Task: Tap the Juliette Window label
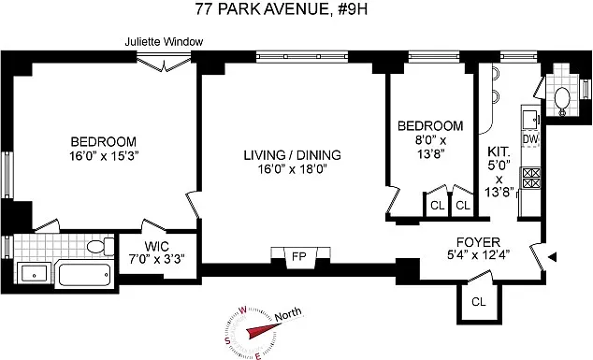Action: coord(166,42)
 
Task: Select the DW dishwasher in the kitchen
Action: coord(530,139)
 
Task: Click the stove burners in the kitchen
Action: coord(530,174)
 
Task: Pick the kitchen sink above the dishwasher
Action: coord(530,118)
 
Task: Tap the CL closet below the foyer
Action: coord(478,301)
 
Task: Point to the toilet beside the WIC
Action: coord(96,247)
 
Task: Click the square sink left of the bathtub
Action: coord(34,274)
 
